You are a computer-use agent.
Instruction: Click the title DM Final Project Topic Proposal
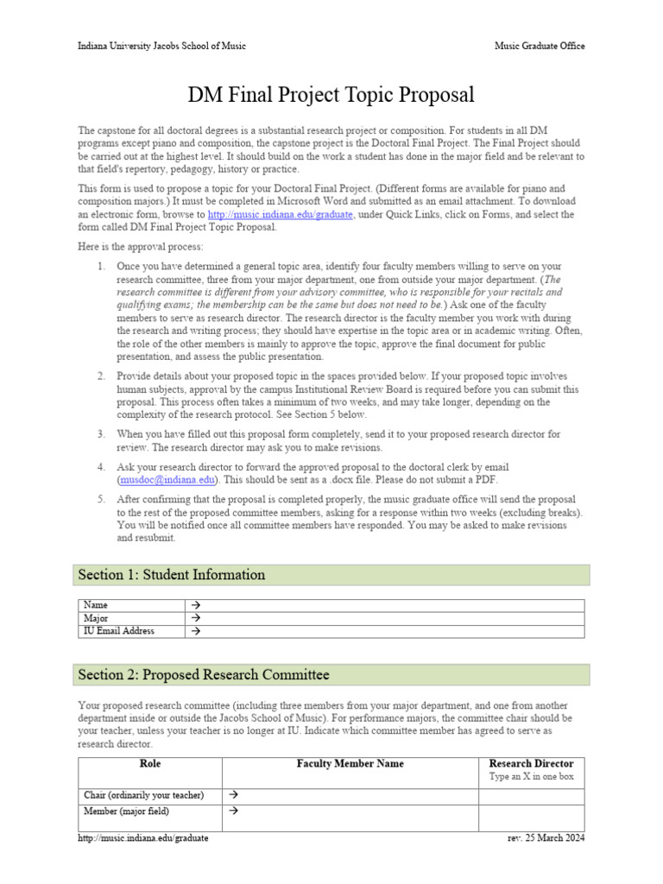click(331, 94)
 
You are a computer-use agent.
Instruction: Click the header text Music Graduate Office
click(539, 46)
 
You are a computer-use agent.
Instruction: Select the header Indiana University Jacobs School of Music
click(161, 46)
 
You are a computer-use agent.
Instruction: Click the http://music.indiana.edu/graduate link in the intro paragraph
click(281, 214)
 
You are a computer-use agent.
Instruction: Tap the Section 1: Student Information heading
click(172, 575)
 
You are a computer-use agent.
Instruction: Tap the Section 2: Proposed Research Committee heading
click(204, 674)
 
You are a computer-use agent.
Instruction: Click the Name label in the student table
click(96, 606)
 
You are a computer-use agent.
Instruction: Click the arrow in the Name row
click(195, 606)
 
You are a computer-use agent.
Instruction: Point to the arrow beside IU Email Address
click(195, 631)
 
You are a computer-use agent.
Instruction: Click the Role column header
click(149, 763)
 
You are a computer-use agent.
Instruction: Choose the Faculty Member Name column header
click(350, 763)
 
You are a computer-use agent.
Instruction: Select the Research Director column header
click(531, 763)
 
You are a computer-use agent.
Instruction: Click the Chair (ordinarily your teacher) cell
click(143, 794)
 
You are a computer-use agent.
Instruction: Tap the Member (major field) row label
click(126, 811)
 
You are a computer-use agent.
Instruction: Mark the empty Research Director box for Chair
click(531, 794)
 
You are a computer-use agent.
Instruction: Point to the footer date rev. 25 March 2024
click(546, 837)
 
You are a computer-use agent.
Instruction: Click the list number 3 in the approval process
click(101, 434)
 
